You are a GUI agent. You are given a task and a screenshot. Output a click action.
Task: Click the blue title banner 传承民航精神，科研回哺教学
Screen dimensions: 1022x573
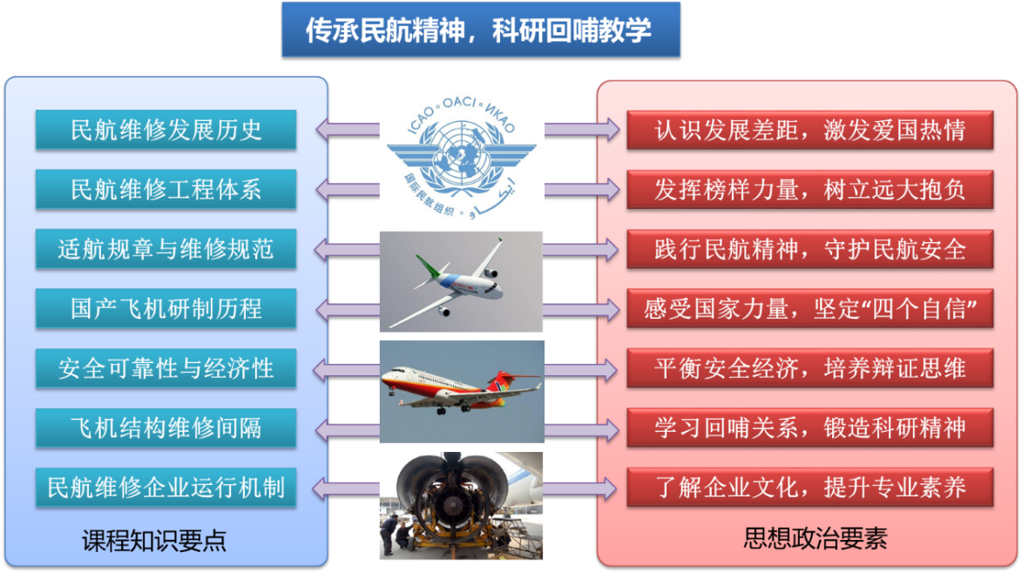pyautogui.click(x=481, y=30)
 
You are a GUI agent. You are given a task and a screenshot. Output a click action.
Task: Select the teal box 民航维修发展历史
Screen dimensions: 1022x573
pyautogui.click(x=166, y=131)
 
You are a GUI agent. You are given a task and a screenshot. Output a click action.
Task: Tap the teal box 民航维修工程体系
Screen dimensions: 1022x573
pyautogui.click(x=166, y=190)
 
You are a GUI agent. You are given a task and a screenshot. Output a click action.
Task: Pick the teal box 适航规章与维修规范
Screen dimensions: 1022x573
pyautogui.click(x=166, y=249)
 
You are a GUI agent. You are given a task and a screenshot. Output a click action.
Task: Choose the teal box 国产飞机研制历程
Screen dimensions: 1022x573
pyautogui.click(x=166, y=308)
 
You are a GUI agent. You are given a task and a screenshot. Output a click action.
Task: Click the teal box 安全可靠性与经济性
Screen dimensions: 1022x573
pyautogui.click(x=166, y=368)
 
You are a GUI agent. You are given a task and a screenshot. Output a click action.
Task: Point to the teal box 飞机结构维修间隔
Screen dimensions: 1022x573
pyautogui.click(x=166, y=428)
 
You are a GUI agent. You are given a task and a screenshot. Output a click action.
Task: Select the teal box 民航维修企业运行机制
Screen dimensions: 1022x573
pyautogui.click(x=166, y=488)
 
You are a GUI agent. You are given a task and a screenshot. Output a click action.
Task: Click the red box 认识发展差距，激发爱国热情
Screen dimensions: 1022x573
pyautogui.click(x=810, y=131)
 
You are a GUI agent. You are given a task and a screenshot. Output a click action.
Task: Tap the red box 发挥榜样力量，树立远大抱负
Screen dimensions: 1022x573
pyautogui.click(x=810, y=190)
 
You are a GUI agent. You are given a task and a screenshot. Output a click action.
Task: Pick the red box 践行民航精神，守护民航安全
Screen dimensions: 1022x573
pyautogui.click(x=810, y=249)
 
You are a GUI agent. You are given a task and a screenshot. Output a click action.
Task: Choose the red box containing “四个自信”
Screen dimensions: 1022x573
pyautogui.click(x=810, y=308)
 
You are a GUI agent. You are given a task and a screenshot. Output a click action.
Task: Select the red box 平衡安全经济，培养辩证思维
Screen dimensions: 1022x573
pyautogui.click(x=810, y=368)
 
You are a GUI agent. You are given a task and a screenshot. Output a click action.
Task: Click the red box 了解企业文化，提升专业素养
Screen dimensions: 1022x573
pyautogui.click(x=810, y=488)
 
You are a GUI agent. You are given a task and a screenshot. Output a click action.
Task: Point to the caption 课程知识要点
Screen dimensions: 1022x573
pyautogui.click(x=154, y=541)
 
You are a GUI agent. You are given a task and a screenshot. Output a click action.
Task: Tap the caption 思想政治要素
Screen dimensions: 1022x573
pyautogui.click(x=816, y=538)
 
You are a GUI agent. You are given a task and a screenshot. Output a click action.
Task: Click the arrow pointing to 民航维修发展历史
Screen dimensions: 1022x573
pyautogui.click(x=348, y=130)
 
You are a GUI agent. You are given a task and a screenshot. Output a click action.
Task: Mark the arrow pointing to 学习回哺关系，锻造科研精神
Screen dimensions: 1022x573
pyautogui.click(x=582, y=429)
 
